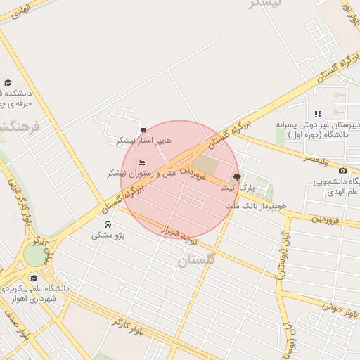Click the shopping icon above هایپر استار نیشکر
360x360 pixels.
tap(144, 130)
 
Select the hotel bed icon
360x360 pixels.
tap(142, 163)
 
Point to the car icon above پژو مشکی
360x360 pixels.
tap(107, 224)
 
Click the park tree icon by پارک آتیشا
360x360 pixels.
tap(236, 177)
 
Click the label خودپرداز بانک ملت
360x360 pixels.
tap(257, 206)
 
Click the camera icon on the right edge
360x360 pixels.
tap(342, 171)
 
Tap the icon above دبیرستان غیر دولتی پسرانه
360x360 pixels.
tap(318, 114)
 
